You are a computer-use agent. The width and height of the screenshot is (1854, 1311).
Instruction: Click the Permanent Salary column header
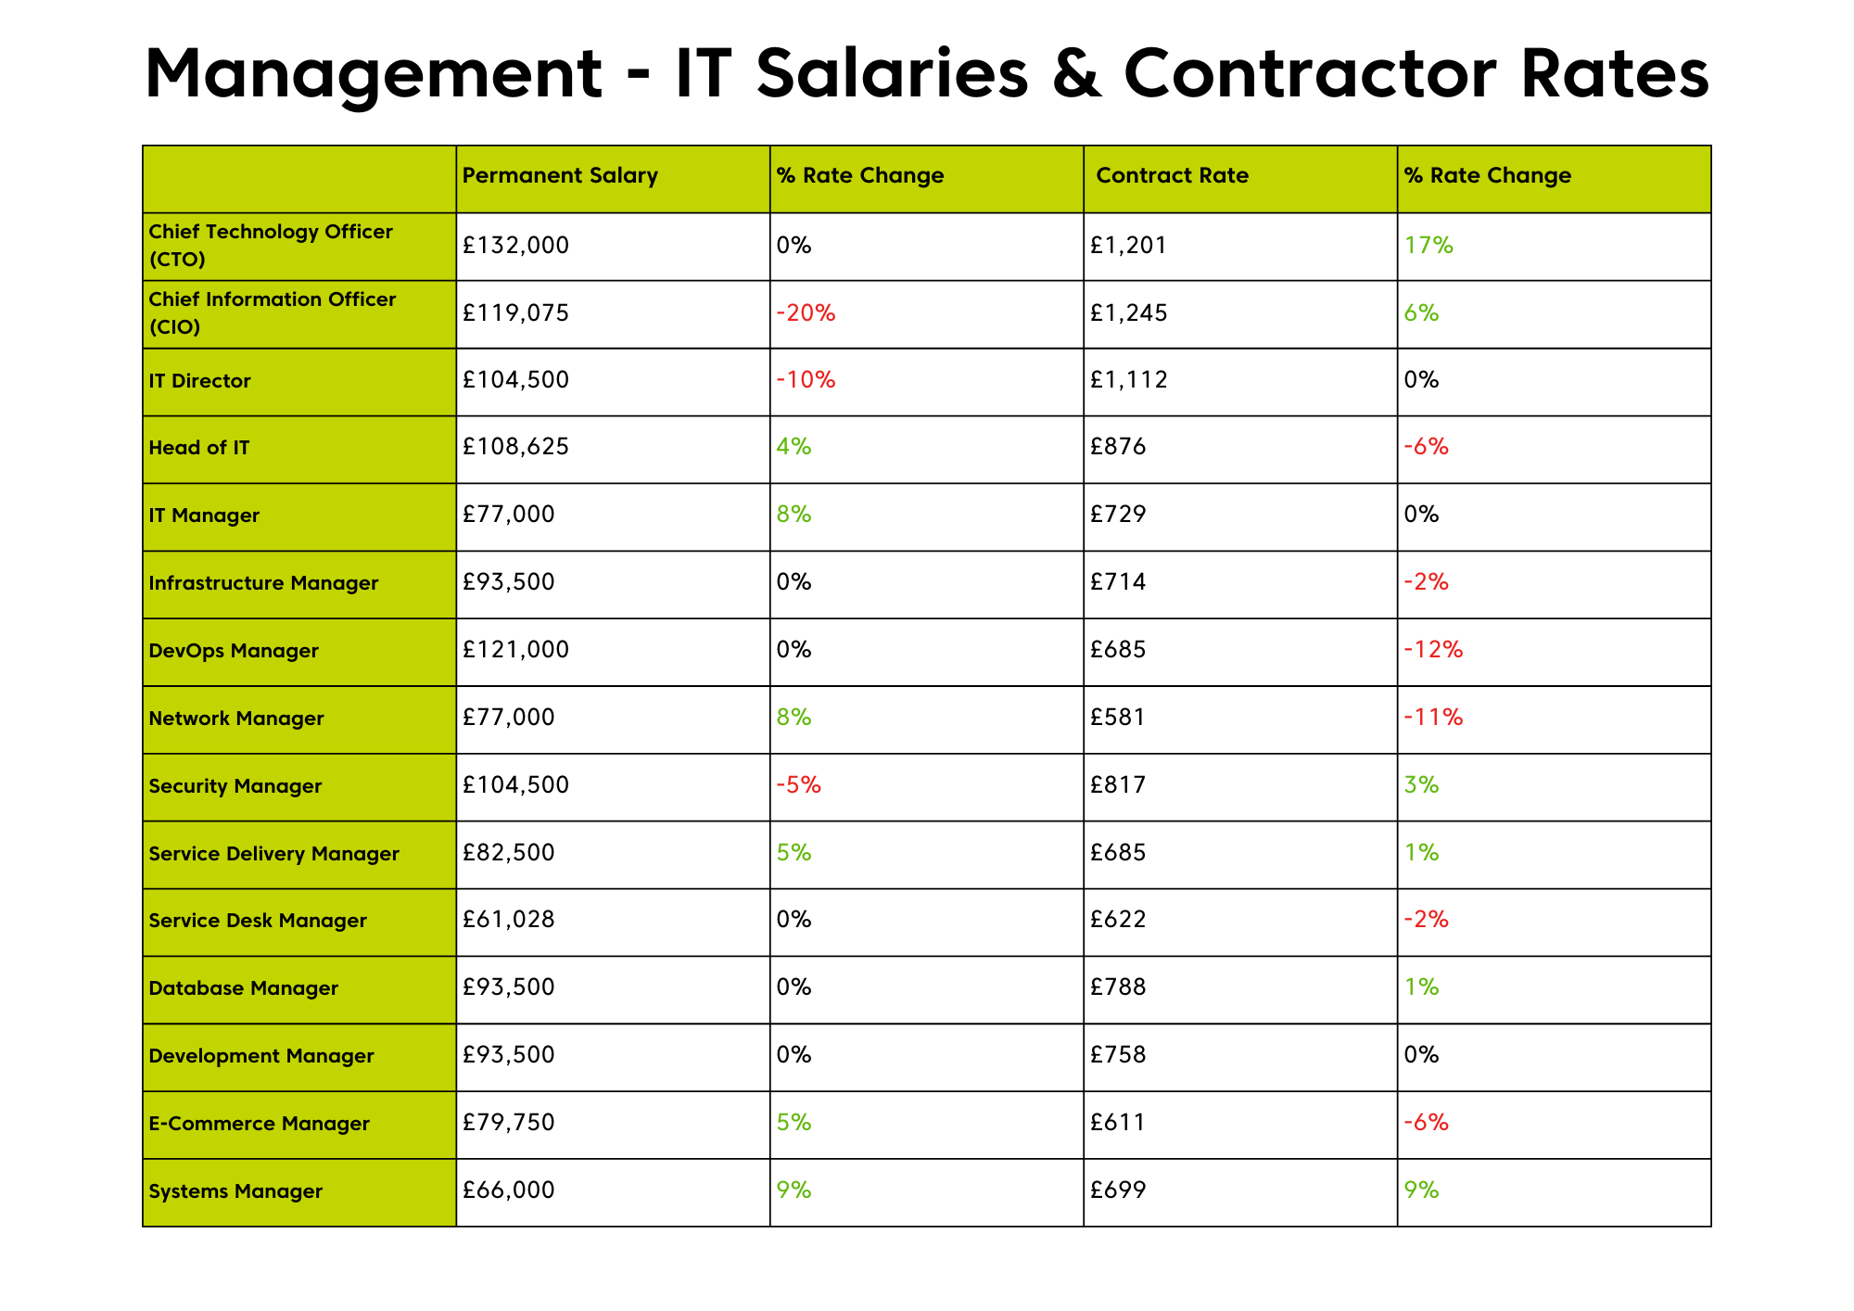pyautogui.click(x=560, y=175)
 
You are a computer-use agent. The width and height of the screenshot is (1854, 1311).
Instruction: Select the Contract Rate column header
pyautogui.click(x=1172, y=175)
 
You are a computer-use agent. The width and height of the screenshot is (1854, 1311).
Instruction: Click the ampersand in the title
pyautogui.click(x=1076, y=73)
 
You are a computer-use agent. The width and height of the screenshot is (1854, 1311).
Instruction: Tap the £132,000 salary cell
pyautogui.click(x=516, y=246)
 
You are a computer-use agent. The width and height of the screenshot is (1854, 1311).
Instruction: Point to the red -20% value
pyautogui.click(x=806, y=313)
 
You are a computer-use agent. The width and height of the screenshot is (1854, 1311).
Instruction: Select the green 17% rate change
pyautogui.click(x=1429, y=246)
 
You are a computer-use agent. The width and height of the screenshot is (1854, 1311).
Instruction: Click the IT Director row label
pyautogui.click(x=199, y=381)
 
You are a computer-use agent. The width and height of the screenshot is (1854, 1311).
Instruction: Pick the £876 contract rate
pyautogui.click(x=1118, y=448)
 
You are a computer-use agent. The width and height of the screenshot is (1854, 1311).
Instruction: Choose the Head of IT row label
pyautogui.click(x=199, y=448)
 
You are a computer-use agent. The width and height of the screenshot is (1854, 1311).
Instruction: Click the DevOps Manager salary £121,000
pyautogui.click(x=516, y=650)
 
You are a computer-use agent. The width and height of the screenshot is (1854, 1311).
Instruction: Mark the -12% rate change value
pyautogui.click(x=1433, y=650)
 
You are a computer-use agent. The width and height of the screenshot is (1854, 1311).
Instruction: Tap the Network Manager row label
pyautogui.click(x=236, y=719)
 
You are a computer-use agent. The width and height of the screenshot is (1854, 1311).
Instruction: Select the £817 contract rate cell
pyautogui.click(x=1118, y=785)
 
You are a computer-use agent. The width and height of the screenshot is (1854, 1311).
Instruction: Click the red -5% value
pyautogui.click(x=799, y=785)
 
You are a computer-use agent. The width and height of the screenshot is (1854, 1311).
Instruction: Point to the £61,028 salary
pyautogui.click(x=509, y=920)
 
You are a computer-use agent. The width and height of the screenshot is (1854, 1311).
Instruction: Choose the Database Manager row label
pyautogui.click(x=244, y=988)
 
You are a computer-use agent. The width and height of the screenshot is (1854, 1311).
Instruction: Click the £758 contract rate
pyautogui.click(x=1118, y=1055)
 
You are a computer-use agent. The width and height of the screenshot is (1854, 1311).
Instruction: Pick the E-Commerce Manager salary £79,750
pyautogui.click(x=509, y=1123)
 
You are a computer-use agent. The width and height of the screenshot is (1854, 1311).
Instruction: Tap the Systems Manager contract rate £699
pyautogui.click(x=1118, y=1190)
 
